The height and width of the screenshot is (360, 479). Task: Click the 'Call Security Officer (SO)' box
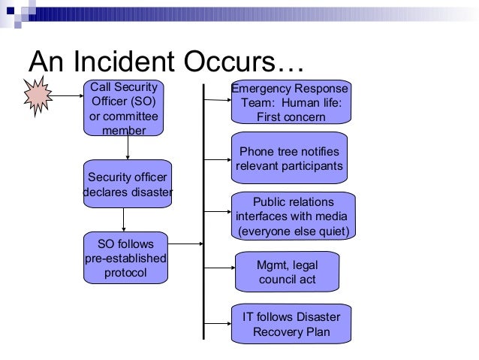(x=124, y=108)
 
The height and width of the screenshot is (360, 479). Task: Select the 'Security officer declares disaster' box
(x=128, y=184)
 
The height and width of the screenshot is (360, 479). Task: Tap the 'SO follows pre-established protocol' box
(x=126, y=258)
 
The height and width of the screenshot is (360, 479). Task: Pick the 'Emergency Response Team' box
(x=291, y=102)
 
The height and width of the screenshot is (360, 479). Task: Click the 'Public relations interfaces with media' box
(x=294, y=216)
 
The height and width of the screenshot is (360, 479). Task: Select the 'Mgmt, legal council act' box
(x=288, y=271)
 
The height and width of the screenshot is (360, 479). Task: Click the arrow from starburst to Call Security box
(x=70, y=96)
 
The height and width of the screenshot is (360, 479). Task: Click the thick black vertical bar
(x=203, y=210)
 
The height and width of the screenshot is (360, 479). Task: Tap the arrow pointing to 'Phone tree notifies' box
(x=218, y=159)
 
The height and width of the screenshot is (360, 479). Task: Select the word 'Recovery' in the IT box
(x=280, y=331)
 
